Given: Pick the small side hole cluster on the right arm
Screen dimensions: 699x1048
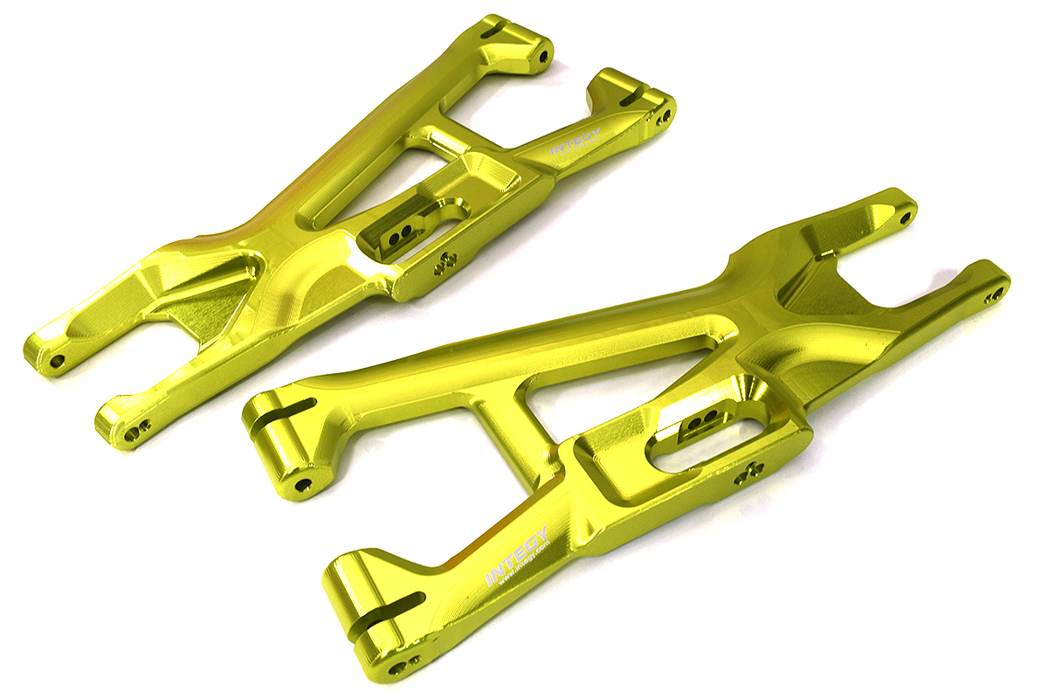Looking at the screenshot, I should [x=748, y=471].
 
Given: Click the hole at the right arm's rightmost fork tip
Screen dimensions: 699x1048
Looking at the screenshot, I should [x=993, y=297].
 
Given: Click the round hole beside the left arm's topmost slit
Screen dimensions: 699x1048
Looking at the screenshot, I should [x=543, y=56].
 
